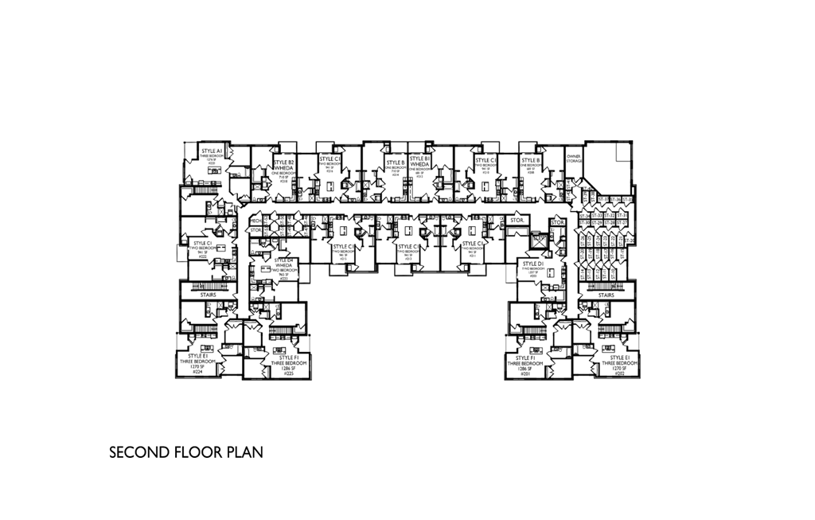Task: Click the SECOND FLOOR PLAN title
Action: (185, 453)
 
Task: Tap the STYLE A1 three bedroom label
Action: (212, 151)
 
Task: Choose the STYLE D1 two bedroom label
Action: (532, 264)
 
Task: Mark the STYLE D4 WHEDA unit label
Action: (284, 262)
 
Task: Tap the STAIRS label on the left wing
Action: (209, 295)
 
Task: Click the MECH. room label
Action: (255, 220)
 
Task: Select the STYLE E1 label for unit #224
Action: (199, 356)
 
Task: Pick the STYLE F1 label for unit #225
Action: (284, 358)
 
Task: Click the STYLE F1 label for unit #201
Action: (524, 358)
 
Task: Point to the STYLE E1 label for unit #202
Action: (613, 358)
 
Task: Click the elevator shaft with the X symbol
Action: (539, 238)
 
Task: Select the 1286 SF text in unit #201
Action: (524, 369)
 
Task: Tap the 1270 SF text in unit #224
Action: (197, 366)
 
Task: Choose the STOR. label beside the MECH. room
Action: (255, 231)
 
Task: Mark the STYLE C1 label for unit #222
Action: (203, 243)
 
